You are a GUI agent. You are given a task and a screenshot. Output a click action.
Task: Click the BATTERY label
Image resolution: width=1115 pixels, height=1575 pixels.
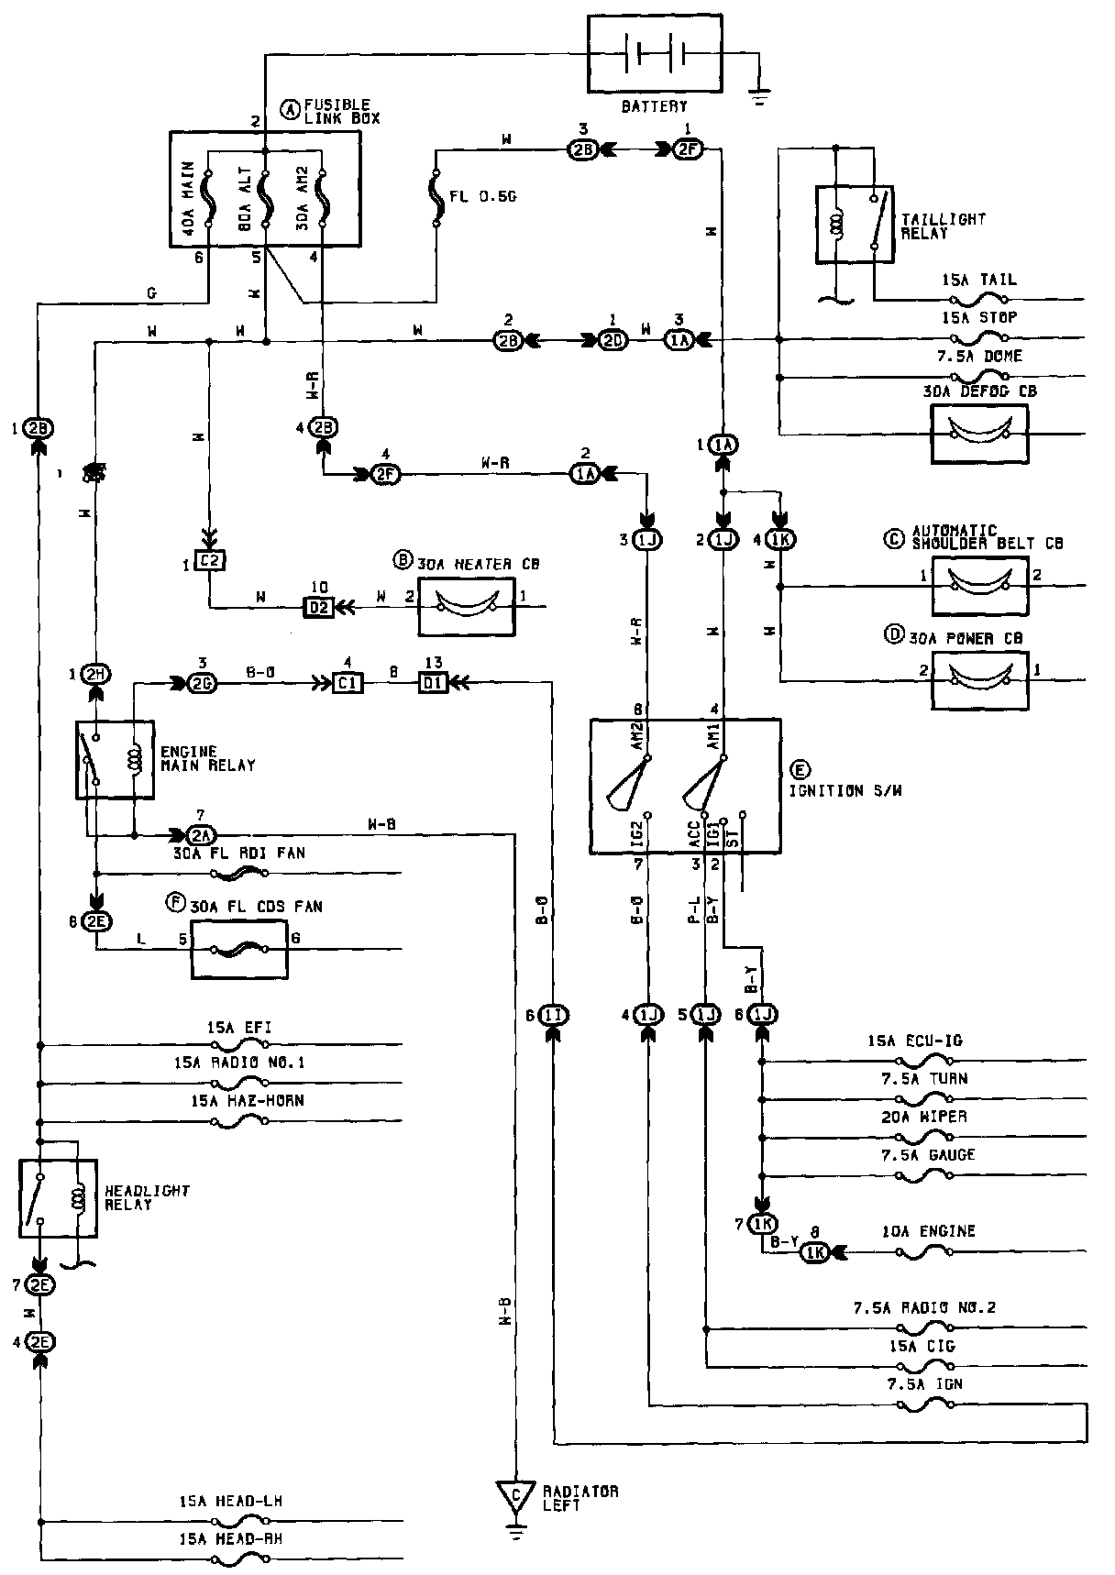point(654,106)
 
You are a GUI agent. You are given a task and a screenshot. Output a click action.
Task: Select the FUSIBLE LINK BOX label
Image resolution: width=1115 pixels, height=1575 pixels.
point(341,112)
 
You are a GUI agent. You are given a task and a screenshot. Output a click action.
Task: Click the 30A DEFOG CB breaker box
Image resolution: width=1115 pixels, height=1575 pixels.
point(979,432)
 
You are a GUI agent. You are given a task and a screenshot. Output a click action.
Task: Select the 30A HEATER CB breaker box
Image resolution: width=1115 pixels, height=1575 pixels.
point(467,606)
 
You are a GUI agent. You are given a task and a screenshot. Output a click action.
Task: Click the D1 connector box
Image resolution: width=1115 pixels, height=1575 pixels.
point(433,683)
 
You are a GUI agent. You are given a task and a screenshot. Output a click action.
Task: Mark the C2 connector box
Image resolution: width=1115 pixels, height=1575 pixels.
point(211,562)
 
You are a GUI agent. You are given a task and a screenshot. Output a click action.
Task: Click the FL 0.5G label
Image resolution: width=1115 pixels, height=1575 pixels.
point(482,195)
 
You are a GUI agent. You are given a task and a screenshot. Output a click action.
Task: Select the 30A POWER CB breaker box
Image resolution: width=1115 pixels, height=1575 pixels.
point(979,679)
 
